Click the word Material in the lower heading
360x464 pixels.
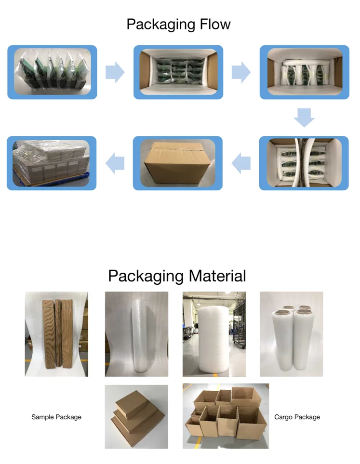[x=217, y=276]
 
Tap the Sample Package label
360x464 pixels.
[x=56, y=417]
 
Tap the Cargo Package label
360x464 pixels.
[x=297, y=417]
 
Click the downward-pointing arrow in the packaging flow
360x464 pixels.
[x=304, y=118]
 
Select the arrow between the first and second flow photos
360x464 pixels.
[x=115, y=73]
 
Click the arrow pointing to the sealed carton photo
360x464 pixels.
[x=241, y=164]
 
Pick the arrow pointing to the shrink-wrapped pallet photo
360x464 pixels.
[x=115, y=164]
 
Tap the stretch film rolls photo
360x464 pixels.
[x=291, y=334]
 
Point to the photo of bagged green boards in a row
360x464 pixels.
[x=52, y=72]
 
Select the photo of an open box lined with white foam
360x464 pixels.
[x=178, y=72]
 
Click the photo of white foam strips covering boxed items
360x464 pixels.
[x=304, y=72]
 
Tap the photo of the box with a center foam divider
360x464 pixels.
[x=304, y=163]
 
